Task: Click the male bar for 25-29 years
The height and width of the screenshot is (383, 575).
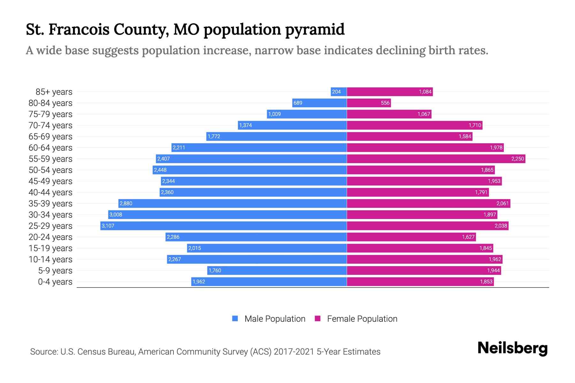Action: pos(224,226)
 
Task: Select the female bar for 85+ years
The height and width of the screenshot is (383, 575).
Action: pos(390,92)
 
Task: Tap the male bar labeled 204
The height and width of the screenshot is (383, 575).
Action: pos(339,92)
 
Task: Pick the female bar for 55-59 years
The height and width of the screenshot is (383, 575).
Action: pos(436,159)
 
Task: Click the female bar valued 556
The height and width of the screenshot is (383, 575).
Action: pos(369,103)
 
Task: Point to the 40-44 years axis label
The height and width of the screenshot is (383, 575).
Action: pos(50,192)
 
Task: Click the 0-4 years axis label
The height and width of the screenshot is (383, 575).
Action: pos(55,282)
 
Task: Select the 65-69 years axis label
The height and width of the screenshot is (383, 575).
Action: pos(50,136)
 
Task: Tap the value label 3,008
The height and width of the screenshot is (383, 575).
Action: pos(116,214)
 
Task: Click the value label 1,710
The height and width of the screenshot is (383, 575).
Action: pos(475,125)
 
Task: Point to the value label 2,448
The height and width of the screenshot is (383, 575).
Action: pos(160,170)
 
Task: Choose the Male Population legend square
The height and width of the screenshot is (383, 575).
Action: pos(235,319)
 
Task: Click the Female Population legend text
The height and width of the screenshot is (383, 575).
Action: pos(362,319)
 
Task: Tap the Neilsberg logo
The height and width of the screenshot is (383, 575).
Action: pos(512,348)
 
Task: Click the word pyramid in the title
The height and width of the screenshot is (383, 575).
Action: pos(315,29)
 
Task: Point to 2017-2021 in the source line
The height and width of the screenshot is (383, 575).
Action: pos(294,351)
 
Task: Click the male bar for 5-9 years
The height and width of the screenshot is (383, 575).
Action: pos(277,270)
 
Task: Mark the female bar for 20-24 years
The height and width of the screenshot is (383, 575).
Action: pos(411,237)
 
